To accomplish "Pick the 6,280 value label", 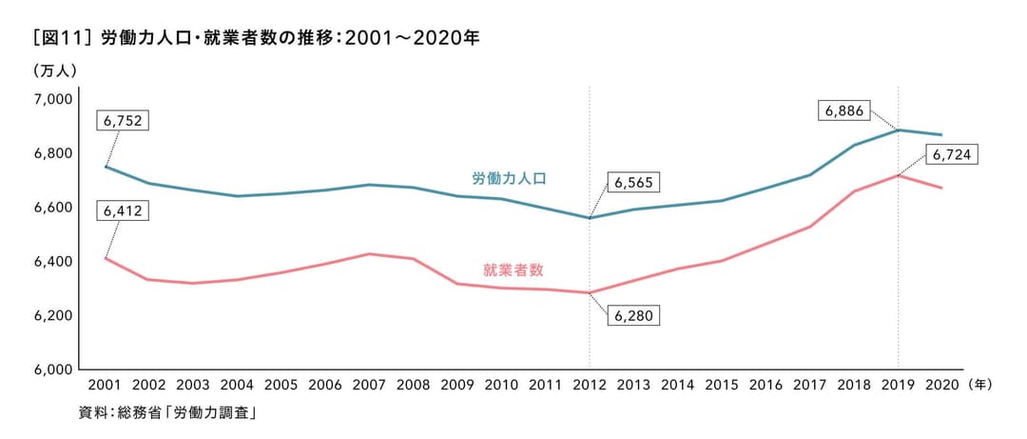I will pyautogui.click(x=632, y=315).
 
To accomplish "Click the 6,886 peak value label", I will pyautogui.click(x=843, y=110).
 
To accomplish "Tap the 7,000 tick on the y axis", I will pyautogui.click(x=53, y=100).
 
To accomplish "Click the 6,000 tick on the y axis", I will pyautogui.click(x=53, y=369).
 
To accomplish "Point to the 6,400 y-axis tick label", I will pyautogui.click(x=53, y=262).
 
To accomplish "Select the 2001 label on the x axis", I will pyautogui.click(x=104, y=386).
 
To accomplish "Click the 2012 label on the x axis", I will pyautogui.click(x=589, y=386).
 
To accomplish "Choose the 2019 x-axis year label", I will pyautogui.click(x=898, y=386).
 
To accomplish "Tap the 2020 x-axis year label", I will pyautogui.click(x=941, y=386).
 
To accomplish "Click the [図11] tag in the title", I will pyautogui.click(x=61, y=39).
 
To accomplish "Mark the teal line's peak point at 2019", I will pyautogui.click(x=898, y=130).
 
